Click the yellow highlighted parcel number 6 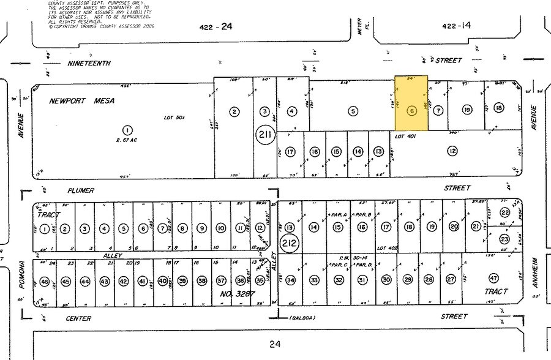(411, 111)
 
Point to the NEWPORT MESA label (83, 101)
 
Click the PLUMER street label (81, 190)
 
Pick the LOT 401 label (405, 136)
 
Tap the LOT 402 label (389, 246)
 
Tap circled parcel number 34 (291, 280)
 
